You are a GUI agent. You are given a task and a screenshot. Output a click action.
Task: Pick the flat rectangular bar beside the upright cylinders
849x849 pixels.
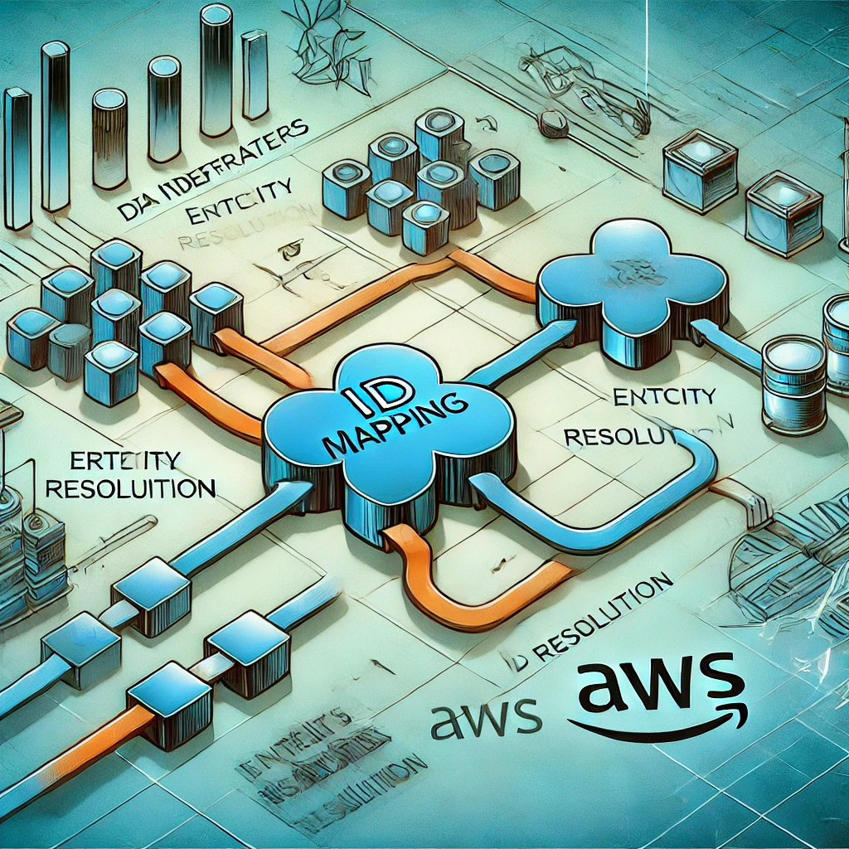pyautogui.click(x=17, y=158)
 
